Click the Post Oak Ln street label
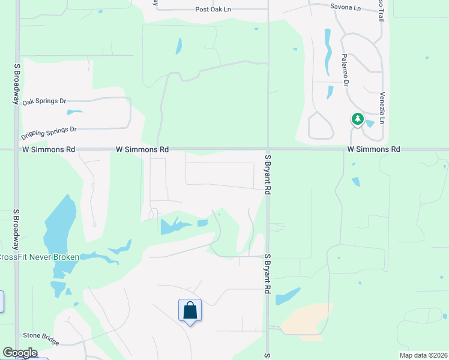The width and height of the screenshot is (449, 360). (x=213, y=10)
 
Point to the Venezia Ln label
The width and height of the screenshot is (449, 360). (x=382, y=108)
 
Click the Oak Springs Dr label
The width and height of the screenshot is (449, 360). (x=44, y=101)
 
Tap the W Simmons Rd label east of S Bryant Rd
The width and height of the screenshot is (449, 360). (x=373, y=149)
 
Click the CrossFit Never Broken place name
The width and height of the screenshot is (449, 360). (x=39, y=257)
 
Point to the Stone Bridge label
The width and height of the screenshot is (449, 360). (x=41, y=338)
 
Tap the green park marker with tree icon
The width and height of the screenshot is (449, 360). (x=358, y=119)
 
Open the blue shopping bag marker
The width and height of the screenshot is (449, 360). (x=190, y=311)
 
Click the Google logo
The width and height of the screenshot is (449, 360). (x=19, y=353)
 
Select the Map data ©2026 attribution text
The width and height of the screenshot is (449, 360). (x=424, y=355)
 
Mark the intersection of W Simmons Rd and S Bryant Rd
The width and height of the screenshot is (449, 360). (x=268, y=149)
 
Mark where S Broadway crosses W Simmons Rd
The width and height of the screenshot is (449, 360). (x=17, y=149)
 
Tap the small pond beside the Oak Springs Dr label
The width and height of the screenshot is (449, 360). (x=74, y=112)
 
